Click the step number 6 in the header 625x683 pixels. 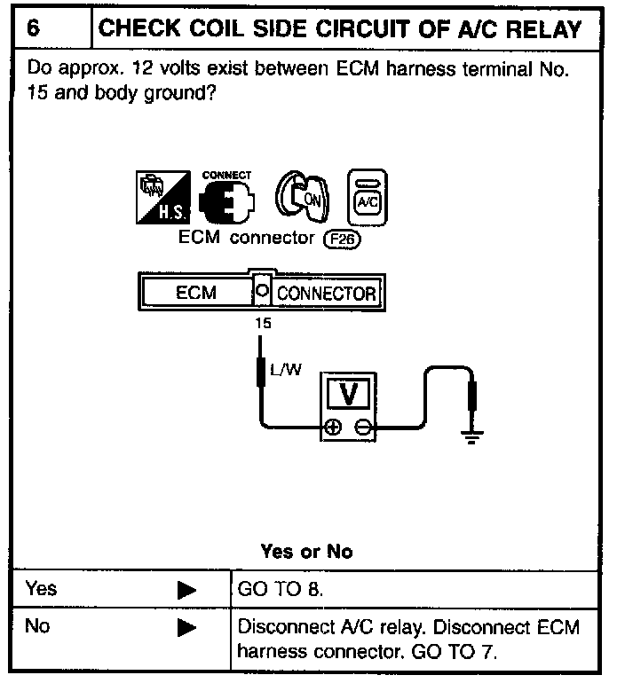(34, 28)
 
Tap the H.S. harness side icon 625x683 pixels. (158, 197)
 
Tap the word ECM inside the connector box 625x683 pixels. (195, 293)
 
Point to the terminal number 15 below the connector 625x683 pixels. (262, 323)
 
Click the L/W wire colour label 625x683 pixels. (286, 370)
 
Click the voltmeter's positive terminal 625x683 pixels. (332, 428)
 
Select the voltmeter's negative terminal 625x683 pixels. (362, 428)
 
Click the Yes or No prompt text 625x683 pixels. (306, 551)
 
